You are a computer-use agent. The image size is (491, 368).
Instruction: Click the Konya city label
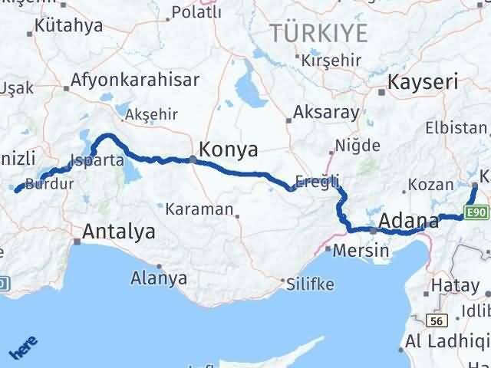[228, 149]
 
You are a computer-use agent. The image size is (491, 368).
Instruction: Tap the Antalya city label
[118, 231]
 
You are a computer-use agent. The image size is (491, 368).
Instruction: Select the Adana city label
[407, 222]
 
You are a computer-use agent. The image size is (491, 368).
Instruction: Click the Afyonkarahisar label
[135, 79]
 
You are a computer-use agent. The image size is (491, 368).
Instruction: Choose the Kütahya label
[69, 25]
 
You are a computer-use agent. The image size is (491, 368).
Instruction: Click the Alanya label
[159, 278]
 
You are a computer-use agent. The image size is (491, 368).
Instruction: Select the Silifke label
[310, 284]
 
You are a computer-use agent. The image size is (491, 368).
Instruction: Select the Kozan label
[425, 185]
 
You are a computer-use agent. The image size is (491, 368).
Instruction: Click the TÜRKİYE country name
[318, 32]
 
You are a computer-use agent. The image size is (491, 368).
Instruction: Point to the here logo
[23, 347]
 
